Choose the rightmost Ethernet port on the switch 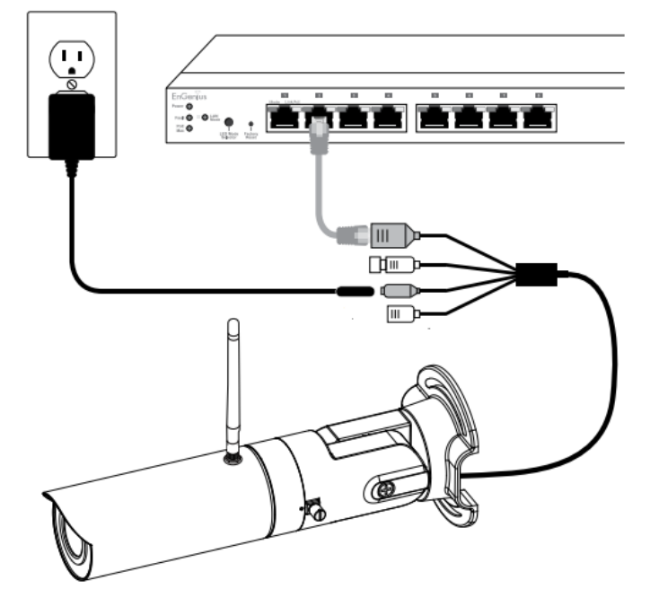537,117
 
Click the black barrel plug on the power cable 355,291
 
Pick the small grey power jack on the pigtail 397,291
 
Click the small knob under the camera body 316,513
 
